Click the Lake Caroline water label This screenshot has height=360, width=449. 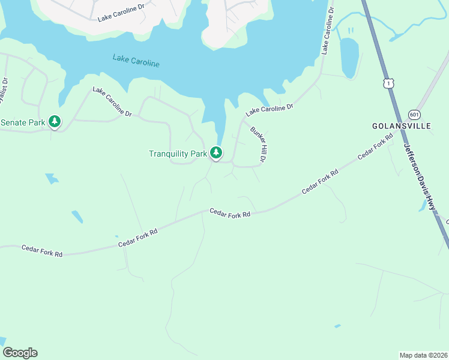(136, 61)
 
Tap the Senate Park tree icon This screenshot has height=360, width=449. (55, 122)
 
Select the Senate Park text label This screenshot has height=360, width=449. (23, 122)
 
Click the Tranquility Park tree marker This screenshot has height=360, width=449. (216, 153)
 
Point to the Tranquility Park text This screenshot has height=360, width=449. (178, 154)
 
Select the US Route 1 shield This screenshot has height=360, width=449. (390, 84)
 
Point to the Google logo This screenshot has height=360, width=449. (20, 353)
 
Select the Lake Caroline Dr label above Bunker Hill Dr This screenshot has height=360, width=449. (269, 110)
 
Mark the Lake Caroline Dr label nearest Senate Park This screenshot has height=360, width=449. (112, 102)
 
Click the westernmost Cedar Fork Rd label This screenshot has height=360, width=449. (42, 251)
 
